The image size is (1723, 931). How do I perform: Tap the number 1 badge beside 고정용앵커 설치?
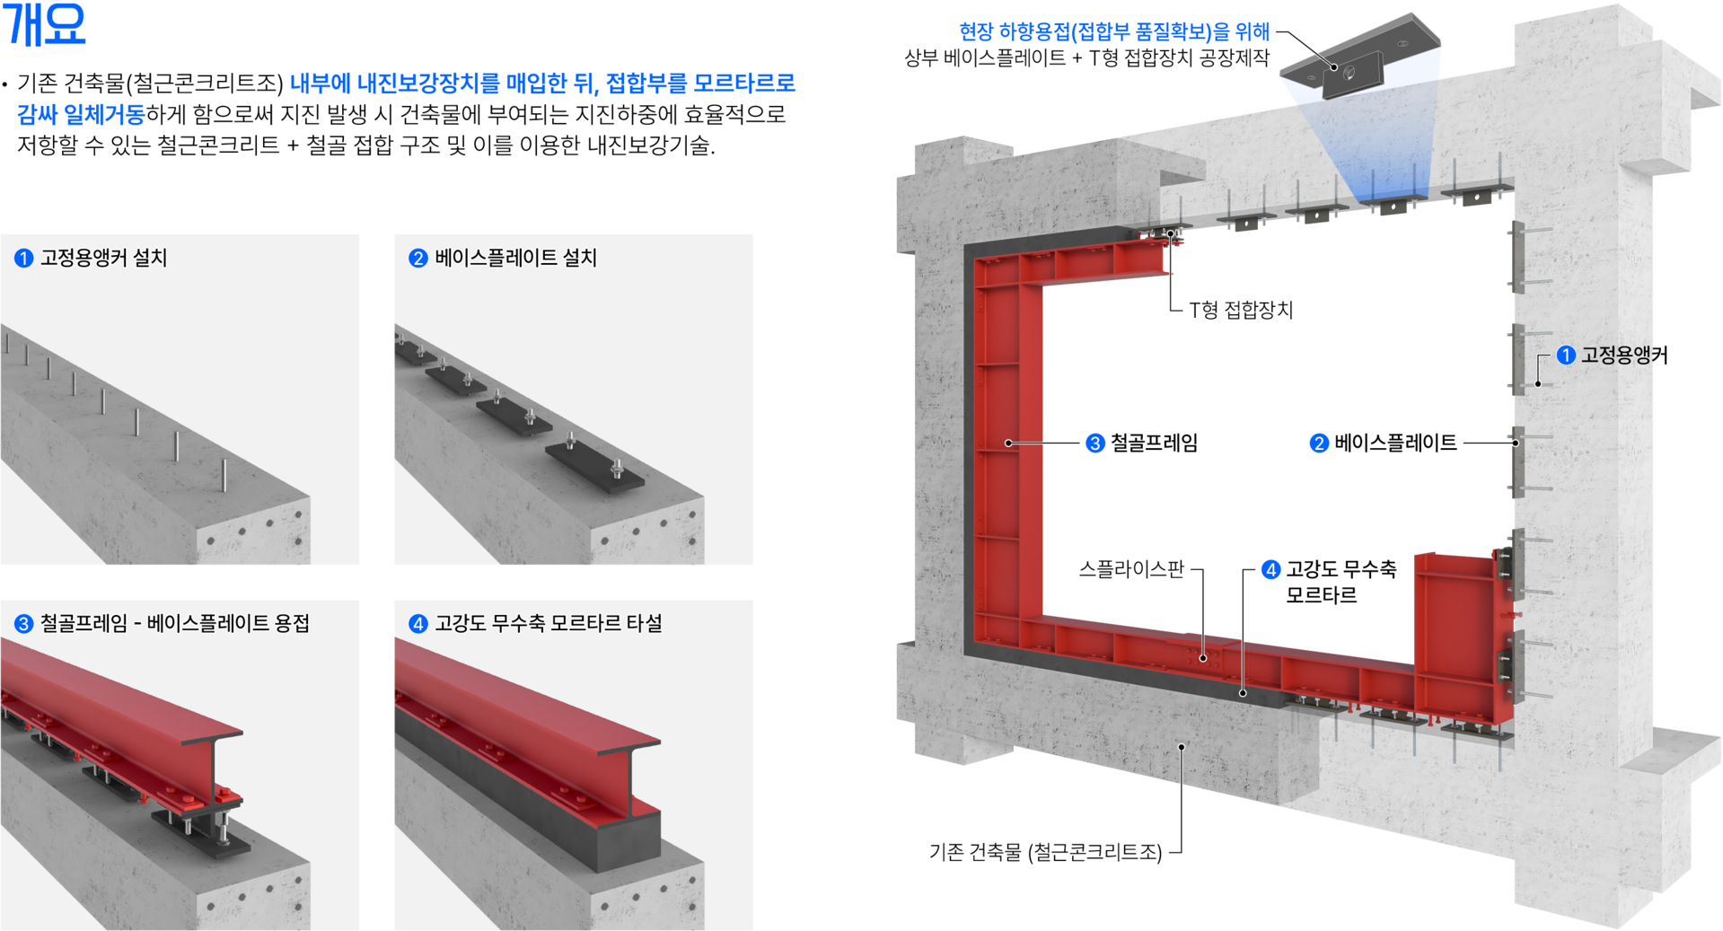pyautogui.click(x=23, y=259)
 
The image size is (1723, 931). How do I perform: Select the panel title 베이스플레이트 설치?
pyautogui.click(x=515, y=259)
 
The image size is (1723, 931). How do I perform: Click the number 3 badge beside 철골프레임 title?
pyautogui.click(x=23, y=624)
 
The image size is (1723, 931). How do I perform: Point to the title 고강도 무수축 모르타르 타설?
pyautogui.click(x=548, y=624)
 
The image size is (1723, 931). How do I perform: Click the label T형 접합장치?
pyautogui.click(x=1241, y=311)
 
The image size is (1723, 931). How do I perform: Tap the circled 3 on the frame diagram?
pyautogui.click(x=1094, y=444)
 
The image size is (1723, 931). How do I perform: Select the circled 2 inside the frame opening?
pyautogui.click(x=1318, y=444)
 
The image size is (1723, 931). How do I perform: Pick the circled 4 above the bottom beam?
pyautogui.click(x=1270, y=570)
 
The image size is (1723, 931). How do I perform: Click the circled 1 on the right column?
pyautogui.click(x=1565, y=356)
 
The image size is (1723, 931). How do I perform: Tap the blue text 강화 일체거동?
pyautogui.click(x=81, y=115)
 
